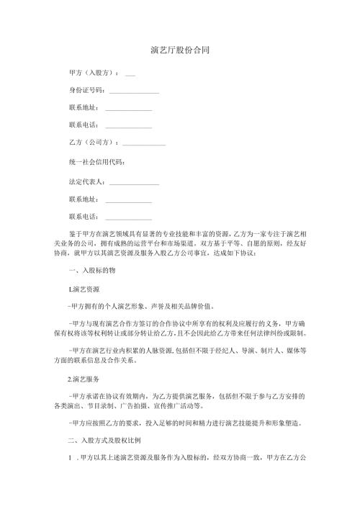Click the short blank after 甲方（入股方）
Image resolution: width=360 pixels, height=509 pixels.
coord(130,73)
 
